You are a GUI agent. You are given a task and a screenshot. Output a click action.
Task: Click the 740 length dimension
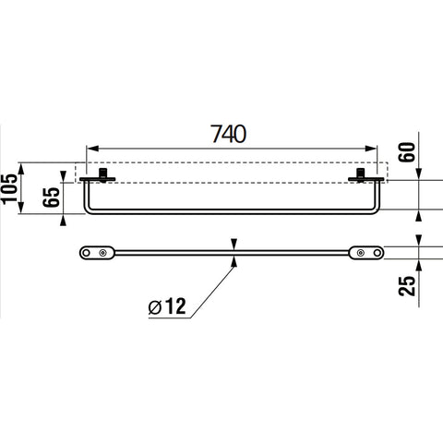click(x=228, y=134)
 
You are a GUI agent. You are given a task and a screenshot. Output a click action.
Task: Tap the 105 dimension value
click(x=9, y=188)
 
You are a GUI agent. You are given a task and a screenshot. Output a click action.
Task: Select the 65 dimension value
click(x=51, y=197)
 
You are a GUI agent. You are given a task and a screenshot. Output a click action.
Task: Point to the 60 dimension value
click(x=407, y=151)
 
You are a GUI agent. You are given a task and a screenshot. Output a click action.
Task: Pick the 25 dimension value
click(x=407, y=286)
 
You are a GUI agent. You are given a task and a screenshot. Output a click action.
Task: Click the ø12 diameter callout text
click(x=167, y=306)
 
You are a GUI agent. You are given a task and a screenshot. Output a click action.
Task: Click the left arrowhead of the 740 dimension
click(x=92, y=149)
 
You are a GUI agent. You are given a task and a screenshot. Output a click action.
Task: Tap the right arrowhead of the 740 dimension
click(x=370, y=149)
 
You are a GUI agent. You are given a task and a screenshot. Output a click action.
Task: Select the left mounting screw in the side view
click(x=102, y=174)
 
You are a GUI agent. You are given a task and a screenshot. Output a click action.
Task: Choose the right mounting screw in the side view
click(x=361, y=174)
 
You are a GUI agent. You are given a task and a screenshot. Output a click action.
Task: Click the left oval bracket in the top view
click(x=97, y=253)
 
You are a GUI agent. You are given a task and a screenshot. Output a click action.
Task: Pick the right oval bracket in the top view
click(x=366, y=253)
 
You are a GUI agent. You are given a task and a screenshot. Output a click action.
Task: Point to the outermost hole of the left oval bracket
click(x=87, y=253)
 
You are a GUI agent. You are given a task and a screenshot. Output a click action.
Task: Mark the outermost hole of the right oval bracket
click(x=377, y=253)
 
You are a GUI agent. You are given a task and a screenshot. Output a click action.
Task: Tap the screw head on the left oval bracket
click(x=102, y=253)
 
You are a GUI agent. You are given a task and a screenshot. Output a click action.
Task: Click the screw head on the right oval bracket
click(x=360, y=253)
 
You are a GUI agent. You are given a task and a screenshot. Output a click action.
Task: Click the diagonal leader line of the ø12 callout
click(x=212, y=292)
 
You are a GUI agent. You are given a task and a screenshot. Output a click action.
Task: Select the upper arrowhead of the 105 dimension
click(x=21, y=169)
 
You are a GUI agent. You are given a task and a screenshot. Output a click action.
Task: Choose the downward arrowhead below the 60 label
click(x=419, y=174)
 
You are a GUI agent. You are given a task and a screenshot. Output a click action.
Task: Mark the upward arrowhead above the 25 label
click(x=419, y=265)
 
